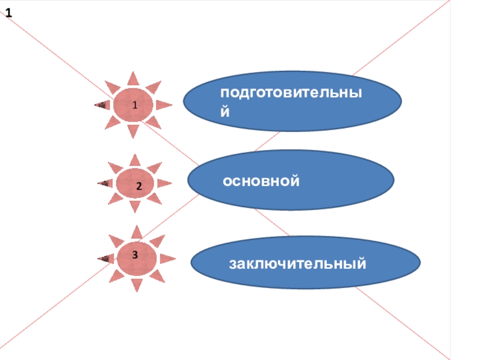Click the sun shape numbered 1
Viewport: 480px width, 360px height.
point(133,105)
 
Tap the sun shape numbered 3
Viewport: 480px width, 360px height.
point(137,258)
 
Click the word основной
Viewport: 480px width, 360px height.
point(261,180)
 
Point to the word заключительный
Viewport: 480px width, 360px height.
point(297,263)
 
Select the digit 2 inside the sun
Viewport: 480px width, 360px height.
point(139,187)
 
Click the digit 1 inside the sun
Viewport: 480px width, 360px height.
point(135,105)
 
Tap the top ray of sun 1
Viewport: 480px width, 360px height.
point(133,79)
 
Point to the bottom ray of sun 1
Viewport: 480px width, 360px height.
point(133,131)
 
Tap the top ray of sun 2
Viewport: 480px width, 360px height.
point(135,160)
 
